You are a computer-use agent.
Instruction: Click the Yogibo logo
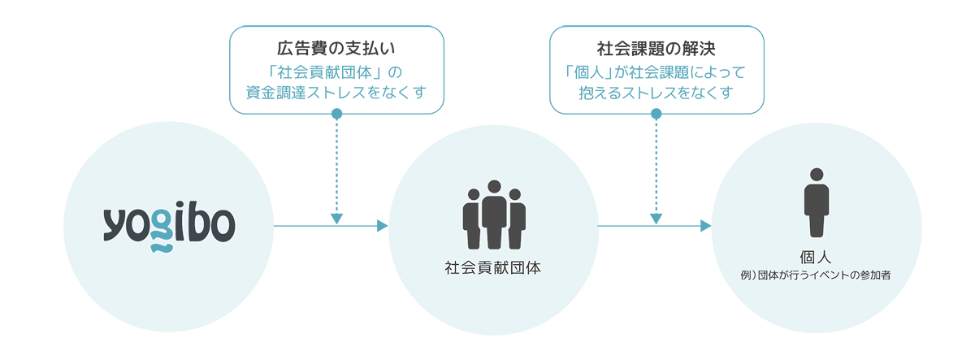pos(169,227)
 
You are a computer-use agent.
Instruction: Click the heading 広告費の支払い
pos(336,47)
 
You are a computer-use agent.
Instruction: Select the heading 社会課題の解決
pos(656,47)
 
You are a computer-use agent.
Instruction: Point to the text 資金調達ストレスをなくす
pos(336,92)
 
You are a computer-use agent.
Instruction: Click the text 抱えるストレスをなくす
pos(656,92)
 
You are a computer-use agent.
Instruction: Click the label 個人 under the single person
pos(816,257)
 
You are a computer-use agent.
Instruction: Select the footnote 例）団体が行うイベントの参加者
pos(816,276)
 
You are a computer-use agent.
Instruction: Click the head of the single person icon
pos(816,174)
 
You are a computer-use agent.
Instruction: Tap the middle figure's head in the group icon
pos(493,186)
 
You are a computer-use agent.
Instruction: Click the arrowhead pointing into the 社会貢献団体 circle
pos(382,226)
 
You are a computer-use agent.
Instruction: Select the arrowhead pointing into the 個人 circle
pos(705,226)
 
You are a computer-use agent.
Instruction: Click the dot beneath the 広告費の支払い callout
pos(336,113)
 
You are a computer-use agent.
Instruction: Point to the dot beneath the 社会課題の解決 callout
pos(656,113)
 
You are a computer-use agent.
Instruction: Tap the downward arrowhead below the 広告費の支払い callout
pos(336,218)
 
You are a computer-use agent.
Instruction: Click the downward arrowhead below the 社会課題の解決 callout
pos(656,218)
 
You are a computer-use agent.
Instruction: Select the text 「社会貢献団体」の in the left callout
pos(336,71)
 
